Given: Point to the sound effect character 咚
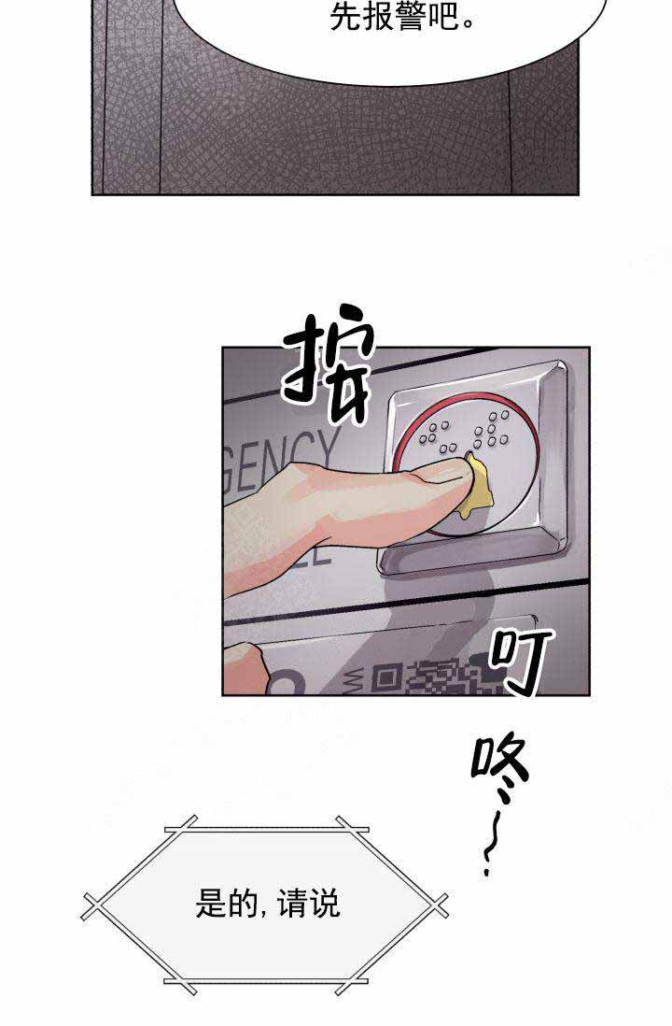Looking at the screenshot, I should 499,768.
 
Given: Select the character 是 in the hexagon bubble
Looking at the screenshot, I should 210,904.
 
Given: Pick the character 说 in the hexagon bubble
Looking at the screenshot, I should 325,904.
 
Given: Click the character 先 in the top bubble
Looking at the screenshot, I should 345,17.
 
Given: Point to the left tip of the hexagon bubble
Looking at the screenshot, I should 93,904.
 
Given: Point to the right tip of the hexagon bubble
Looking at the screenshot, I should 439,904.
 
